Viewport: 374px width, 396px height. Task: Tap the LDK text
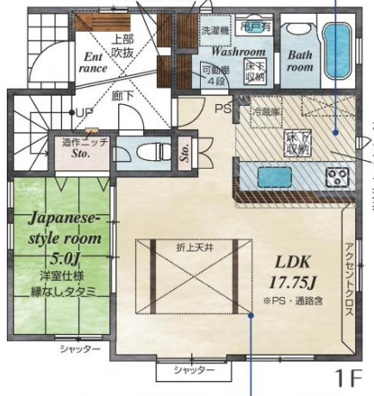pyautogui.click(x=296, y=261)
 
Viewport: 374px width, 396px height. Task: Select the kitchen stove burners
pyautogui.click(x=335, y=177)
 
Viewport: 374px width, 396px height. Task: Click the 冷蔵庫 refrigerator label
pyautogui.click(x=265, y=112)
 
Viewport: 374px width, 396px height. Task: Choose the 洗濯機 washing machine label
pyautogui.click(x=215, y=30)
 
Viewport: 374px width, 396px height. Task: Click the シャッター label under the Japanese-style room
pyautogui.click(x=80, y=350)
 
